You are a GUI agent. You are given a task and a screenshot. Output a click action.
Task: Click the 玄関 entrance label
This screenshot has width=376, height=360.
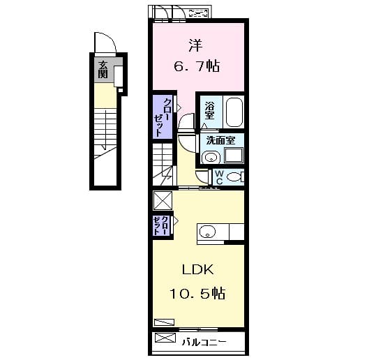point(103,70)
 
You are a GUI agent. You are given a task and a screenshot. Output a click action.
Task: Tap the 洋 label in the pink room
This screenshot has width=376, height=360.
point(195,45)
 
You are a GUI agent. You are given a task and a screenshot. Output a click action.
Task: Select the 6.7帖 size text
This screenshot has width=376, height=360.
point(197,66)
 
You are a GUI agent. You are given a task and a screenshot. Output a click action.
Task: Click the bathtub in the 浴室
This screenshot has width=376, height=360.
point(234,112)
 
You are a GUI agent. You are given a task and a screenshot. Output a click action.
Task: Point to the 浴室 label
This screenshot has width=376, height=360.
point(209,110)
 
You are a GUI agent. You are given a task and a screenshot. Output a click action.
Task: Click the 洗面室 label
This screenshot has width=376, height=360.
point(220,140)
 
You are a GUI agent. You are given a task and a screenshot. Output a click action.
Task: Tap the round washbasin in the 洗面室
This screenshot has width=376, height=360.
point(211,158)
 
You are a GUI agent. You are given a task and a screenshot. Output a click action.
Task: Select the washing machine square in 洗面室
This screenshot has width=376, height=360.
point(234,156)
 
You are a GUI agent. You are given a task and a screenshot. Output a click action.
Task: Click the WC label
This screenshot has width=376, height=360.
point(219,177)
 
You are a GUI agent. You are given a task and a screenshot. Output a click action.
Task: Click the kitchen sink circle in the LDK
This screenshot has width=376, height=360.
point(208,232)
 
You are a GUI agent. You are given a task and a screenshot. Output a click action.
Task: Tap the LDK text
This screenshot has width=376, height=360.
point(197,270)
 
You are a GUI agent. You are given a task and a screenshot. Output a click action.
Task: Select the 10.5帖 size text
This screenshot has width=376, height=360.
point(197,293)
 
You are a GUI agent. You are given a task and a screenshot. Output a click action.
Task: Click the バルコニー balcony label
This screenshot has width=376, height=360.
point(204,342)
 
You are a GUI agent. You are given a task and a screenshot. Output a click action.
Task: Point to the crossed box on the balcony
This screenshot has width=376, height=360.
point(165,338)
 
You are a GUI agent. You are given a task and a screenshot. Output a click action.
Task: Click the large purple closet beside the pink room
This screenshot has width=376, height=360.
point(163,117)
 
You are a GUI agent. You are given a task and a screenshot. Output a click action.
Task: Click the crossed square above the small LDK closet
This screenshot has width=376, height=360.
point(163,200)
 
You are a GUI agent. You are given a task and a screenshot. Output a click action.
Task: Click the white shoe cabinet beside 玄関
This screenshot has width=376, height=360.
point(118,76)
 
